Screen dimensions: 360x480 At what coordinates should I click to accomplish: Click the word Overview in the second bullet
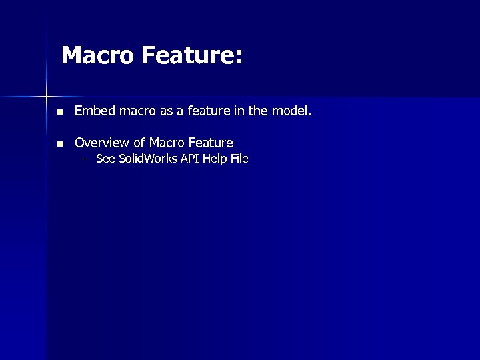click(101, 143)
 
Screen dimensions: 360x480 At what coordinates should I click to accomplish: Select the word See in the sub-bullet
click(105, 159)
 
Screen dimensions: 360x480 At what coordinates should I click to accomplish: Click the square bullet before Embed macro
click(60, 112)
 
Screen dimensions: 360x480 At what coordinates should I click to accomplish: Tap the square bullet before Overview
click(60, 144)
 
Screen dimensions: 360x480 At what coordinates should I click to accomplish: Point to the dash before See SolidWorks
click(83, 159)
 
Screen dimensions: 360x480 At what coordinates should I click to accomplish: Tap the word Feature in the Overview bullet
click(211, 143)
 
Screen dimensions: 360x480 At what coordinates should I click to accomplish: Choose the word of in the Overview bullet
click(139, 143)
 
